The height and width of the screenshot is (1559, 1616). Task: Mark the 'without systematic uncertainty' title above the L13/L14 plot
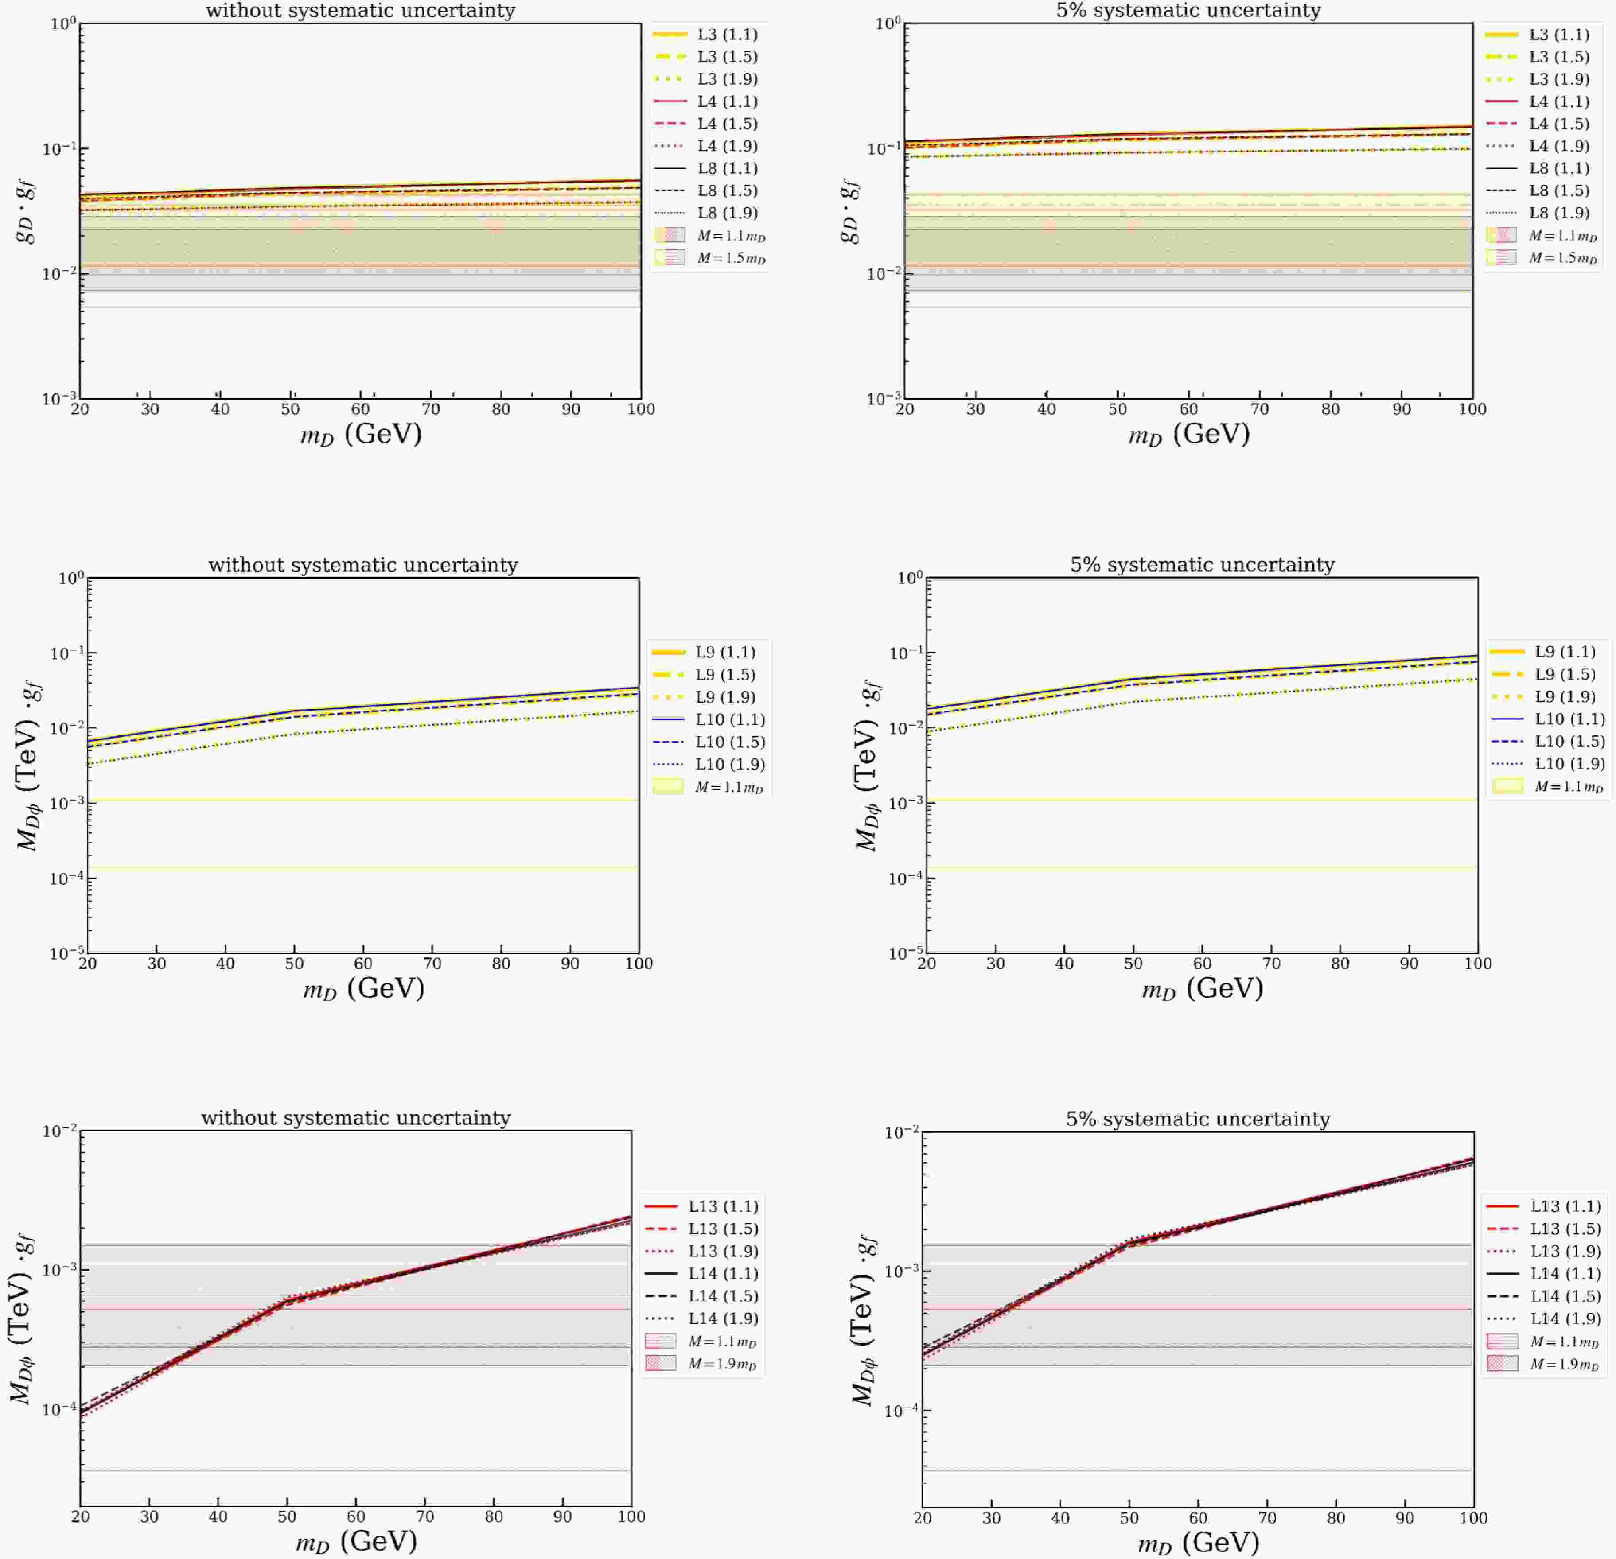tap(356, 1118)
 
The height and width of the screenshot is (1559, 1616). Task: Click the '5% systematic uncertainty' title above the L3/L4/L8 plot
tap(1188, 11)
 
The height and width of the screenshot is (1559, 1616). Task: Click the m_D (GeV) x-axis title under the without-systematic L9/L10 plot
tap(364, 987)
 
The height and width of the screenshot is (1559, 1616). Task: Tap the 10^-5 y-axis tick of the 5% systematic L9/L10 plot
tap(905, 953)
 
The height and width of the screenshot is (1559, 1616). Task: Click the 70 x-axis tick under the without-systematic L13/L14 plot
tap(424, 1516)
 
